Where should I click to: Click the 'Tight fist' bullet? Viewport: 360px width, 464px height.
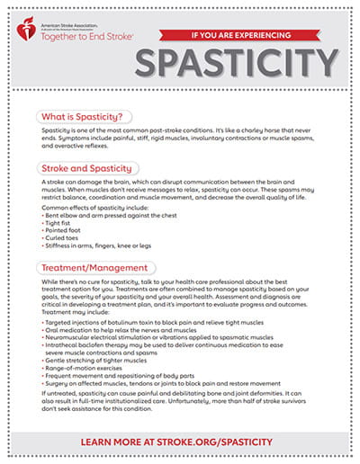[63, 223]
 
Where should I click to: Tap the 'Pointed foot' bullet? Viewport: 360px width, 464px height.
[67, 230]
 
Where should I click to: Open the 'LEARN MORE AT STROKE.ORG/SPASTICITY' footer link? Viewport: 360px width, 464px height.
[181, 443]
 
